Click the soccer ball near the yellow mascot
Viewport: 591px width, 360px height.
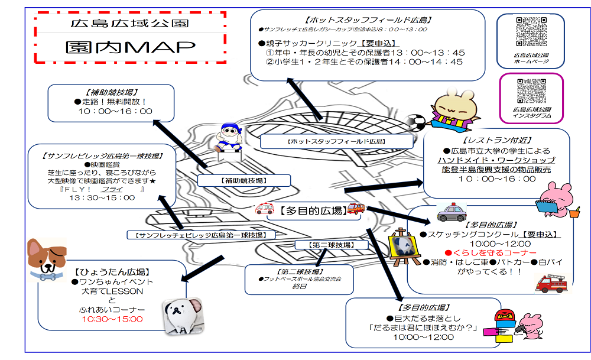click(x=417, y=122)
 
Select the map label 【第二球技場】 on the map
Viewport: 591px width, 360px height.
click(x=331, y=244)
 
